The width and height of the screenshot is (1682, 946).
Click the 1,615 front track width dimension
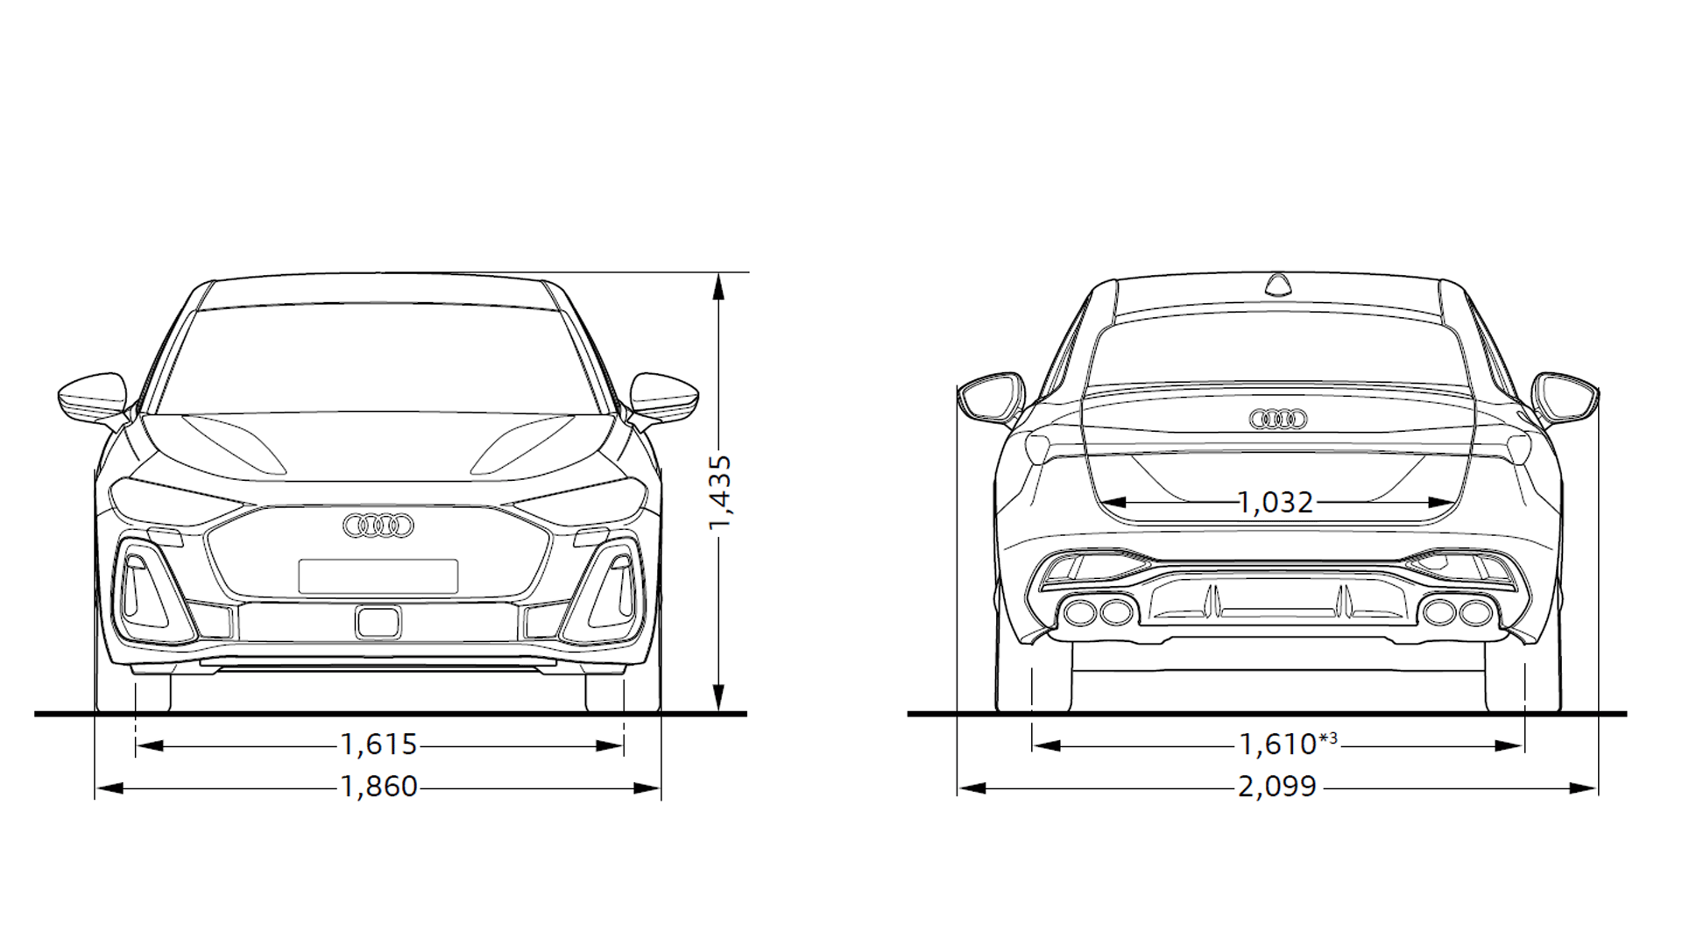click(378, 745)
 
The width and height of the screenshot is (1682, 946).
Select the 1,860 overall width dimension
click(378, 787)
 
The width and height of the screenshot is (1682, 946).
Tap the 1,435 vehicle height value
click(720, 492)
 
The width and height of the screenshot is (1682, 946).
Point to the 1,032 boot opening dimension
click(1276, 503)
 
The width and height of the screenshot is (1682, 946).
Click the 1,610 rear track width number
click(1277, 745)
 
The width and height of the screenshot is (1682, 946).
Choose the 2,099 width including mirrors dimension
click(1277, 787)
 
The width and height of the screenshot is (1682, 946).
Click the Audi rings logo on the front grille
click(378, 525)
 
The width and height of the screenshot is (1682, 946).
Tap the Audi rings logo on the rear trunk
click(1278, 420)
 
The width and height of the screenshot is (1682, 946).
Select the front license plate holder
click(378, 576)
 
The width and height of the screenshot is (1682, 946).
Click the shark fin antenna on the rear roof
click(1278, 284)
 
